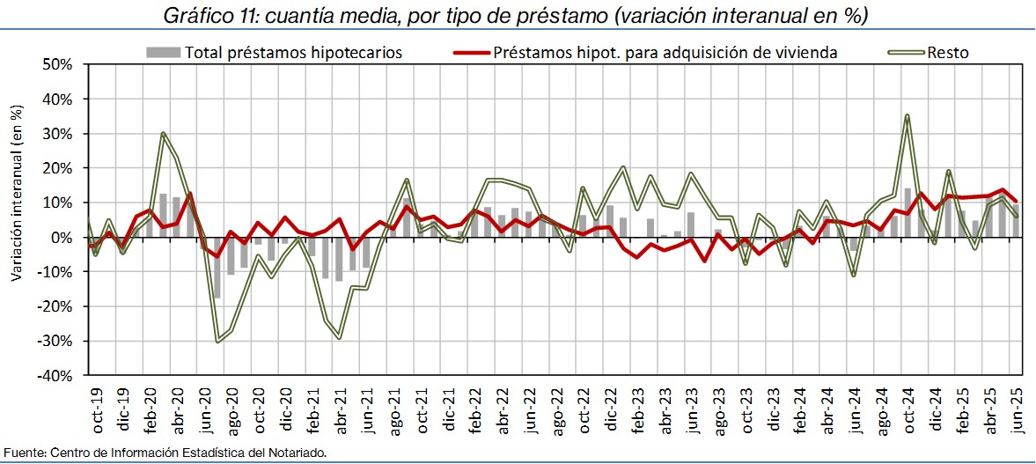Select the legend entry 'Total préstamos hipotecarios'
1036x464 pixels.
(x=292, y=53)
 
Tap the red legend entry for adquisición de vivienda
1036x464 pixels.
(x=665, y=53)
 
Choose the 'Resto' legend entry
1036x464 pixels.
(x=947, y=53)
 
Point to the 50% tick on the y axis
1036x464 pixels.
(x=57, y=65)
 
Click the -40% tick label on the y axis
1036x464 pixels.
(x=55, y=375)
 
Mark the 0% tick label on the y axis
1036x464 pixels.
(x=62, y=238)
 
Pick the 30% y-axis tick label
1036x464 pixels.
(x=57, y=134)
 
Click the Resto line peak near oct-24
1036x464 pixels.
(x=907, y=115)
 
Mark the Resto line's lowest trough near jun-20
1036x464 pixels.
(x=217, y=341)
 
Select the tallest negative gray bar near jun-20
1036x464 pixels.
(x=217, y=268)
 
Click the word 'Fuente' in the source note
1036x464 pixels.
(x=21, y=453)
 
